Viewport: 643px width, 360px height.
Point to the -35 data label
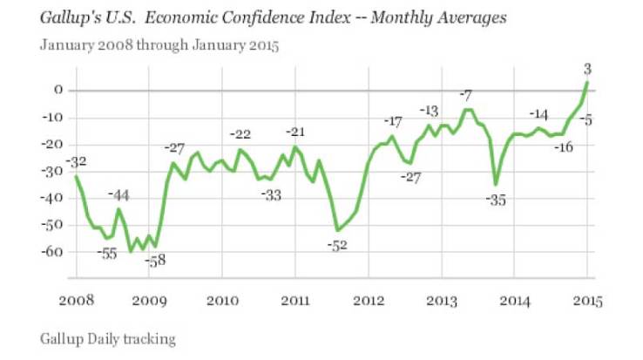click(497, 200)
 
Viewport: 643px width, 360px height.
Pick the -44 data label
click(120, 194)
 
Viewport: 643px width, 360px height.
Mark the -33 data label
click(272, 194)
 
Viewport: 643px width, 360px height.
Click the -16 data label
click(563, 146)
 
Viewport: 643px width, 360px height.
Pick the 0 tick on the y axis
click(58, 90)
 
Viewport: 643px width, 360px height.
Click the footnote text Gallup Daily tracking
click(108, 336)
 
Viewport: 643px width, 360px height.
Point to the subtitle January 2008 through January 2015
click(159, 45)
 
